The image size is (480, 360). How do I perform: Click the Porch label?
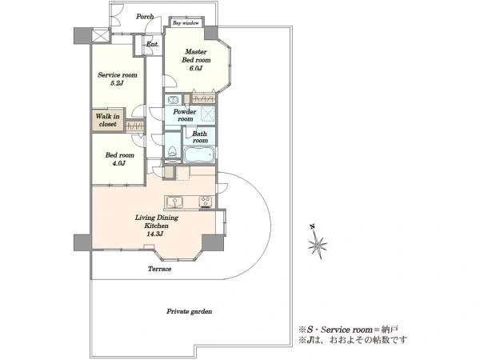pyautogui.click(x=145, y=17)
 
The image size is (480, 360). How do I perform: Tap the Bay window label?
pyautogui.click(x=186, y=23)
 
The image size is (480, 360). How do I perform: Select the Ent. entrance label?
pyautogui.click(x=152, y=44)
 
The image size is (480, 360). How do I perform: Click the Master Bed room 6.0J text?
pyautogui.click(x=196, y=60)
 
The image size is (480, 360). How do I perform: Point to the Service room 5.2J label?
pyautogui.click(x=118, y=78)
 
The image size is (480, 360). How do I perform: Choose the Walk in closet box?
pyautogui.click(x=108, y=120)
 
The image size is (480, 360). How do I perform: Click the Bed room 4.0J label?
pyautogui.click(x=119, y=159)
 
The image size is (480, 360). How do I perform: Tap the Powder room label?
pyautogui.click(x=185, y=115)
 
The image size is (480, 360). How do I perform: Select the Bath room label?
pyautogui.click(x=199, y=137)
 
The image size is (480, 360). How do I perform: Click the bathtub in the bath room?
pyautogui.click(x=199, y=154)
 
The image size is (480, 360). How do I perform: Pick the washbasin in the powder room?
pyautogui.click(x=173, y=100)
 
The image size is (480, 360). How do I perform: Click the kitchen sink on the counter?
pyautogui.click(x=174, y=202)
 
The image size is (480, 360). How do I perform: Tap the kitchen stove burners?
pyautogui.click(x=206, y=201)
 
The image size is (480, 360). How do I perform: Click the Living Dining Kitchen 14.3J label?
pyautogui.click(x=157, y=226)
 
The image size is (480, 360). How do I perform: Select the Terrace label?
pyautogui.click(x=159, y=269)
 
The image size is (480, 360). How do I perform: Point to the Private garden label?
pyautogui.click(x=189, y=312)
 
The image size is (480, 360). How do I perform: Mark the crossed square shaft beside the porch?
pyautogui.click(x=101, y=36)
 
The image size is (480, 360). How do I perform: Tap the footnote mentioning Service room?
pyautogui.click(x=348, y=330)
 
